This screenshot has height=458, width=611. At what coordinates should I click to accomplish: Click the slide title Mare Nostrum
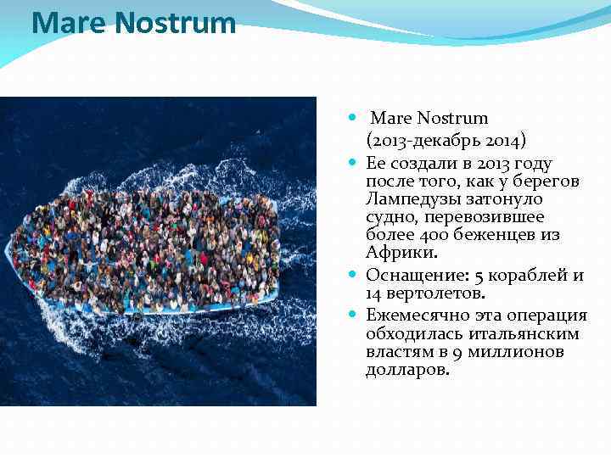(133, 23)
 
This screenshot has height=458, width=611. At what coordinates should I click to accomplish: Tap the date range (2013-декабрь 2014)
(446, 141)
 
